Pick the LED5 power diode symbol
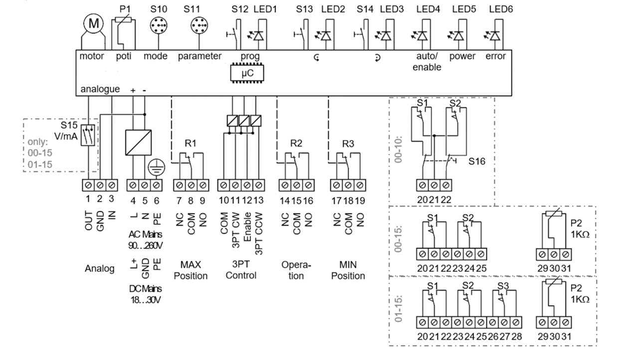[459, 35]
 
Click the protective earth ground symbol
[156, 167]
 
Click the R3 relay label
[349, 144]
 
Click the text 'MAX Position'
[191, 270]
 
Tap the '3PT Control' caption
[241, 270]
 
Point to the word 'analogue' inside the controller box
[100, 89]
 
